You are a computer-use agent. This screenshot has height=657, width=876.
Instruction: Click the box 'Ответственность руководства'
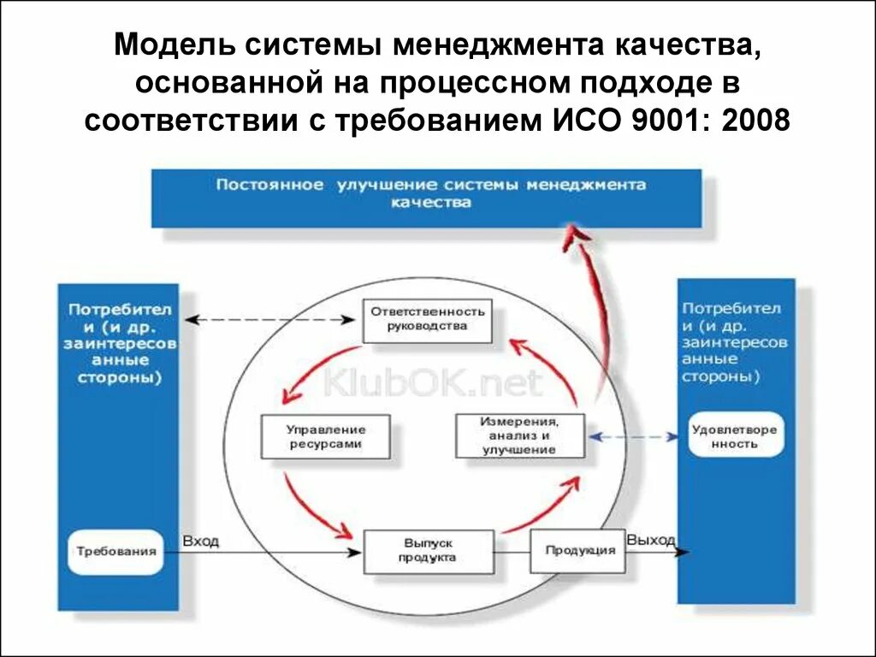tap(428, 320)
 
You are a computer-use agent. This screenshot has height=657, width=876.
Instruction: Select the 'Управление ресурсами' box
tap(324, 436)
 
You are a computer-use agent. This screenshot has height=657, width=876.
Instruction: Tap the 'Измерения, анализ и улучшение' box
tap(519, 435)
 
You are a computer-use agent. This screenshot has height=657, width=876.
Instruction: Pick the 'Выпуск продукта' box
tap(428, 551)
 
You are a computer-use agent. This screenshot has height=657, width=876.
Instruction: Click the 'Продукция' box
tap(580, 549)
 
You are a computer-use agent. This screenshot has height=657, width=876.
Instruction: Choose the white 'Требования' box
tap(115, 551)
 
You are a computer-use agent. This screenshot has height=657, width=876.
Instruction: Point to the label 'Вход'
tap(200, 541)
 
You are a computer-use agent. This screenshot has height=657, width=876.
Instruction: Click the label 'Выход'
tap(651, 540)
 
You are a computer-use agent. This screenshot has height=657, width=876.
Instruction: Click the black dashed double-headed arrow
tap(270, 319)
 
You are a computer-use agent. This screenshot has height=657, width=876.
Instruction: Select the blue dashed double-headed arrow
tap(633, 436)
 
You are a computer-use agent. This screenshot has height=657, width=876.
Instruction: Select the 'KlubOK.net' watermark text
tap(432, 382)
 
